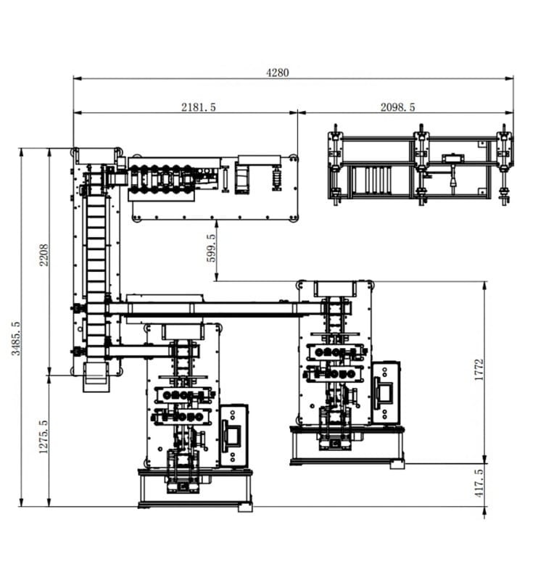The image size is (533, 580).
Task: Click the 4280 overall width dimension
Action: pos(278,72)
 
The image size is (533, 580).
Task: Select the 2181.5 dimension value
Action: pos(198,107)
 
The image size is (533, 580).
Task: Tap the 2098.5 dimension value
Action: pos(397,107)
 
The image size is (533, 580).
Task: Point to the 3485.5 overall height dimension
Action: pos(16,338)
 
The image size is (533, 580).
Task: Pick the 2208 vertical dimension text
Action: pos(44,254)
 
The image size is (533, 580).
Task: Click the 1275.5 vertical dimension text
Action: pos(44,436)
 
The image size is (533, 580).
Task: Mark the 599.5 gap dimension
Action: pos(211,248)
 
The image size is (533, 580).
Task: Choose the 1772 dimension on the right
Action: pos(479,370)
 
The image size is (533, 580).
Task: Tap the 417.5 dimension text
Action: pos(479,483)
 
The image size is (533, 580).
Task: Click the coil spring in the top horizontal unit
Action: pos(277,178)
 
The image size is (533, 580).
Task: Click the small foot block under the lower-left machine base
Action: pos(245,508)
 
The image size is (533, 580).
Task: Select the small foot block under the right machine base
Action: pos(397,465)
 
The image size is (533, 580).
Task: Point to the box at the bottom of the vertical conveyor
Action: pos(96,377)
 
